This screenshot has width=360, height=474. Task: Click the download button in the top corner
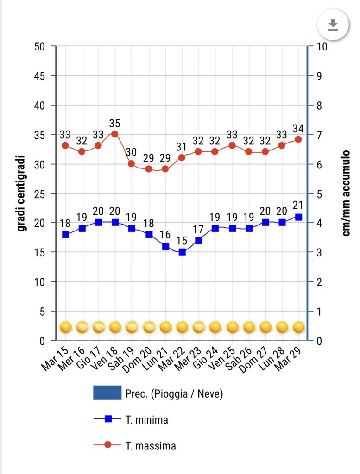pyautogui.click(x=332, y=25)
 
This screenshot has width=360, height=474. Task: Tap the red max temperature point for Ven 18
pyautogui.click(x=115, y=134)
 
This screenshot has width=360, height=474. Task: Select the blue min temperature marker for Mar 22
pyautogui.click(x=182, y=252)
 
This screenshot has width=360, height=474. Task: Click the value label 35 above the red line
pyautogui.click(x=115, y=123)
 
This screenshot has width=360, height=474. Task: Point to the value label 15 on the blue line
pyautogui.click(x=182, y=241)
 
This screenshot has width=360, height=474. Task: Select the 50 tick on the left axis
pyautogui.click(x=40, y=46)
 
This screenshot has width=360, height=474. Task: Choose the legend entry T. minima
pyautogui.click(x=146, y=420)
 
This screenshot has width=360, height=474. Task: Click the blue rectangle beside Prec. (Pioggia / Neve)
pyautogui.click(x=107, y=393)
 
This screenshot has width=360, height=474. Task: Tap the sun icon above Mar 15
pyautogui.click(x=65, y=327)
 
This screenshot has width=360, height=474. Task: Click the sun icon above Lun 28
pyautogui.click(x=282, y=327)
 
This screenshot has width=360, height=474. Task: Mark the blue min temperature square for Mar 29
pyautogui.click(x=299, y=217)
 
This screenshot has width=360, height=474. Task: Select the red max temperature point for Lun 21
pyautogui.click(x=165, y=169)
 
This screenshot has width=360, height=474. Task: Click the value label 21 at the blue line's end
pyautogui.click(x=299, y=206)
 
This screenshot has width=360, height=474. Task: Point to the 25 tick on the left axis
pyautogui.click(x=40, y=193)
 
